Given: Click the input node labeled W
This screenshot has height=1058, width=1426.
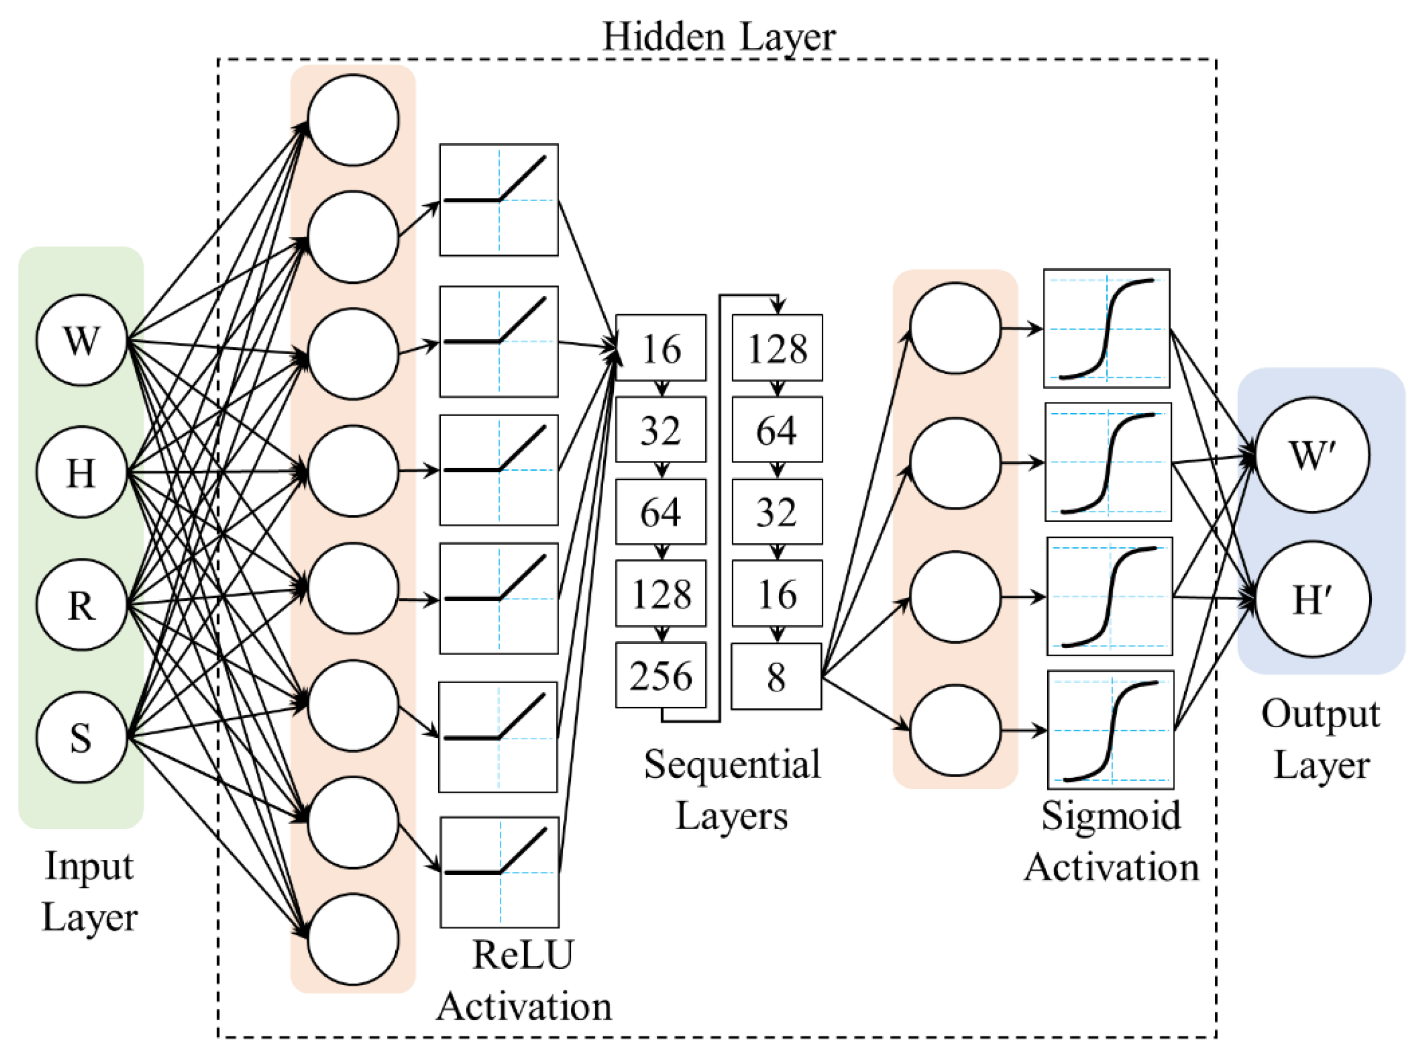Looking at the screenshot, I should (x=81, y=340).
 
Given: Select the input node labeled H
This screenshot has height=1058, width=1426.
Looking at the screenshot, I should (x=81, y=472).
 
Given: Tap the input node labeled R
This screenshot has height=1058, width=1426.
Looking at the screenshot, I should (x=81, y=605).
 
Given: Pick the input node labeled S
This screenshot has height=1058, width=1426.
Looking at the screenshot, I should (x=81, y=737).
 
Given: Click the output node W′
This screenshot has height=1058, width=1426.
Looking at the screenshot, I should (x=1312, y=455).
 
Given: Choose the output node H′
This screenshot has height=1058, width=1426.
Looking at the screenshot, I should (x=1312, y=599).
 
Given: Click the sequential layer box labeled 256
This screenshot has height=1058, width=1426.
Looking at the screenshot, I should (x=660, y=676).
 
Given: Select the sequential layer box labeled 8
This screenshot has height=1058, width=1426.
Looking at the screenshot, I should (x=776, y=676).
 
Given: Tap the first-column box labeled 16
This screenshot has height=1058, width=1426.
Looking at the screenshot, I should (x=660, y=348).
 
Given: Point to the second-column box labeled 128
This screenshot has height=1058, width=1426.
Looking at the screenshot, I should (x=777, y=348).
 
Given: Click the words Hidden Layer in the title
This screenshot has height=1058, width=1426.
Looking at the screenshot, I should (x=718, y=37).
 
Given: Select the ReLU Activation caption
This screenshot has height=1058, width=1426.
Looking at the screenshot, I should (x=524, y=980).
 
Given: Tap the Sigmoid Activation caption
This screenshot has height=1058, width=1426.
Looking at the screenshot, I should (x=1111, y=841).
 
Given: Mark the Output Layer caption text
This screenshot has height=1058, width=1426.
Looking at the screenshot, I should (x=1320, y=739).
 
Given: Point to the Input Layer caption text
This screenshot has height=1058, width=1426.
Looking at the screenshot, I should (x=89, y=891).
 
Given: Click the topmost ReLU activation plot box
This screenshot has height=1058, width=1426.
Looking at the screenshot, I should (x=499, y=200).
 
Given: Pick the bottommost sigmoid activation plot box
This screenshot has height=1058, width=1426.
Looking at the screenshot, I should (x=1110, y=730).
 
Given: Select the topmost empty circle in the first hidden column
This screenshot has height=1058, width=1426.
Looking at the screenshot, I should (x=353, y=120).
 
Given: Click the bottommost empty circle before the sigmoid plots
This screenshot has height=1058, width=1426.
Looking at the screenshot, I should (x=955, y=730).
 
